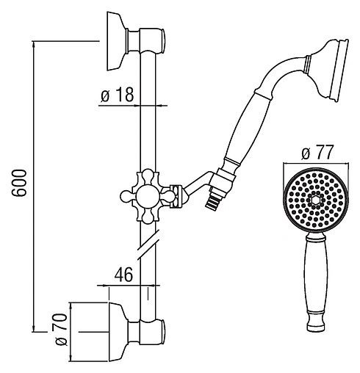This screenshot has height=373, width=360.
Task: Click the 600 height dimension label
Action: coord(19,183)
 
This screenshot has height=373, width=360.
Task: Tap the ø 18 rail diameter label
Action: coord(118,94)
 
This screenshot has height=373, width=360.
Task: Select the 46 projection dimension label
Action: coord(123,274)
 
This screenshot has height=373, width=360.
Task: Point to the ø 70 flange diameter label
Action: coord(61,330)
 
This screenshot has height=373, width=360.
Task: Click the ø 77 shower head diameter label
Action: coord(317,152)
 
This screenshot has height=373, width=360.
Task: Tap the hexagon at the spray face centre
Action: coord(315,200)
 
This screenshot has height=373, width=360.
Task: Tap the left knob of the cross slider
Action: coord(126,196)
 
